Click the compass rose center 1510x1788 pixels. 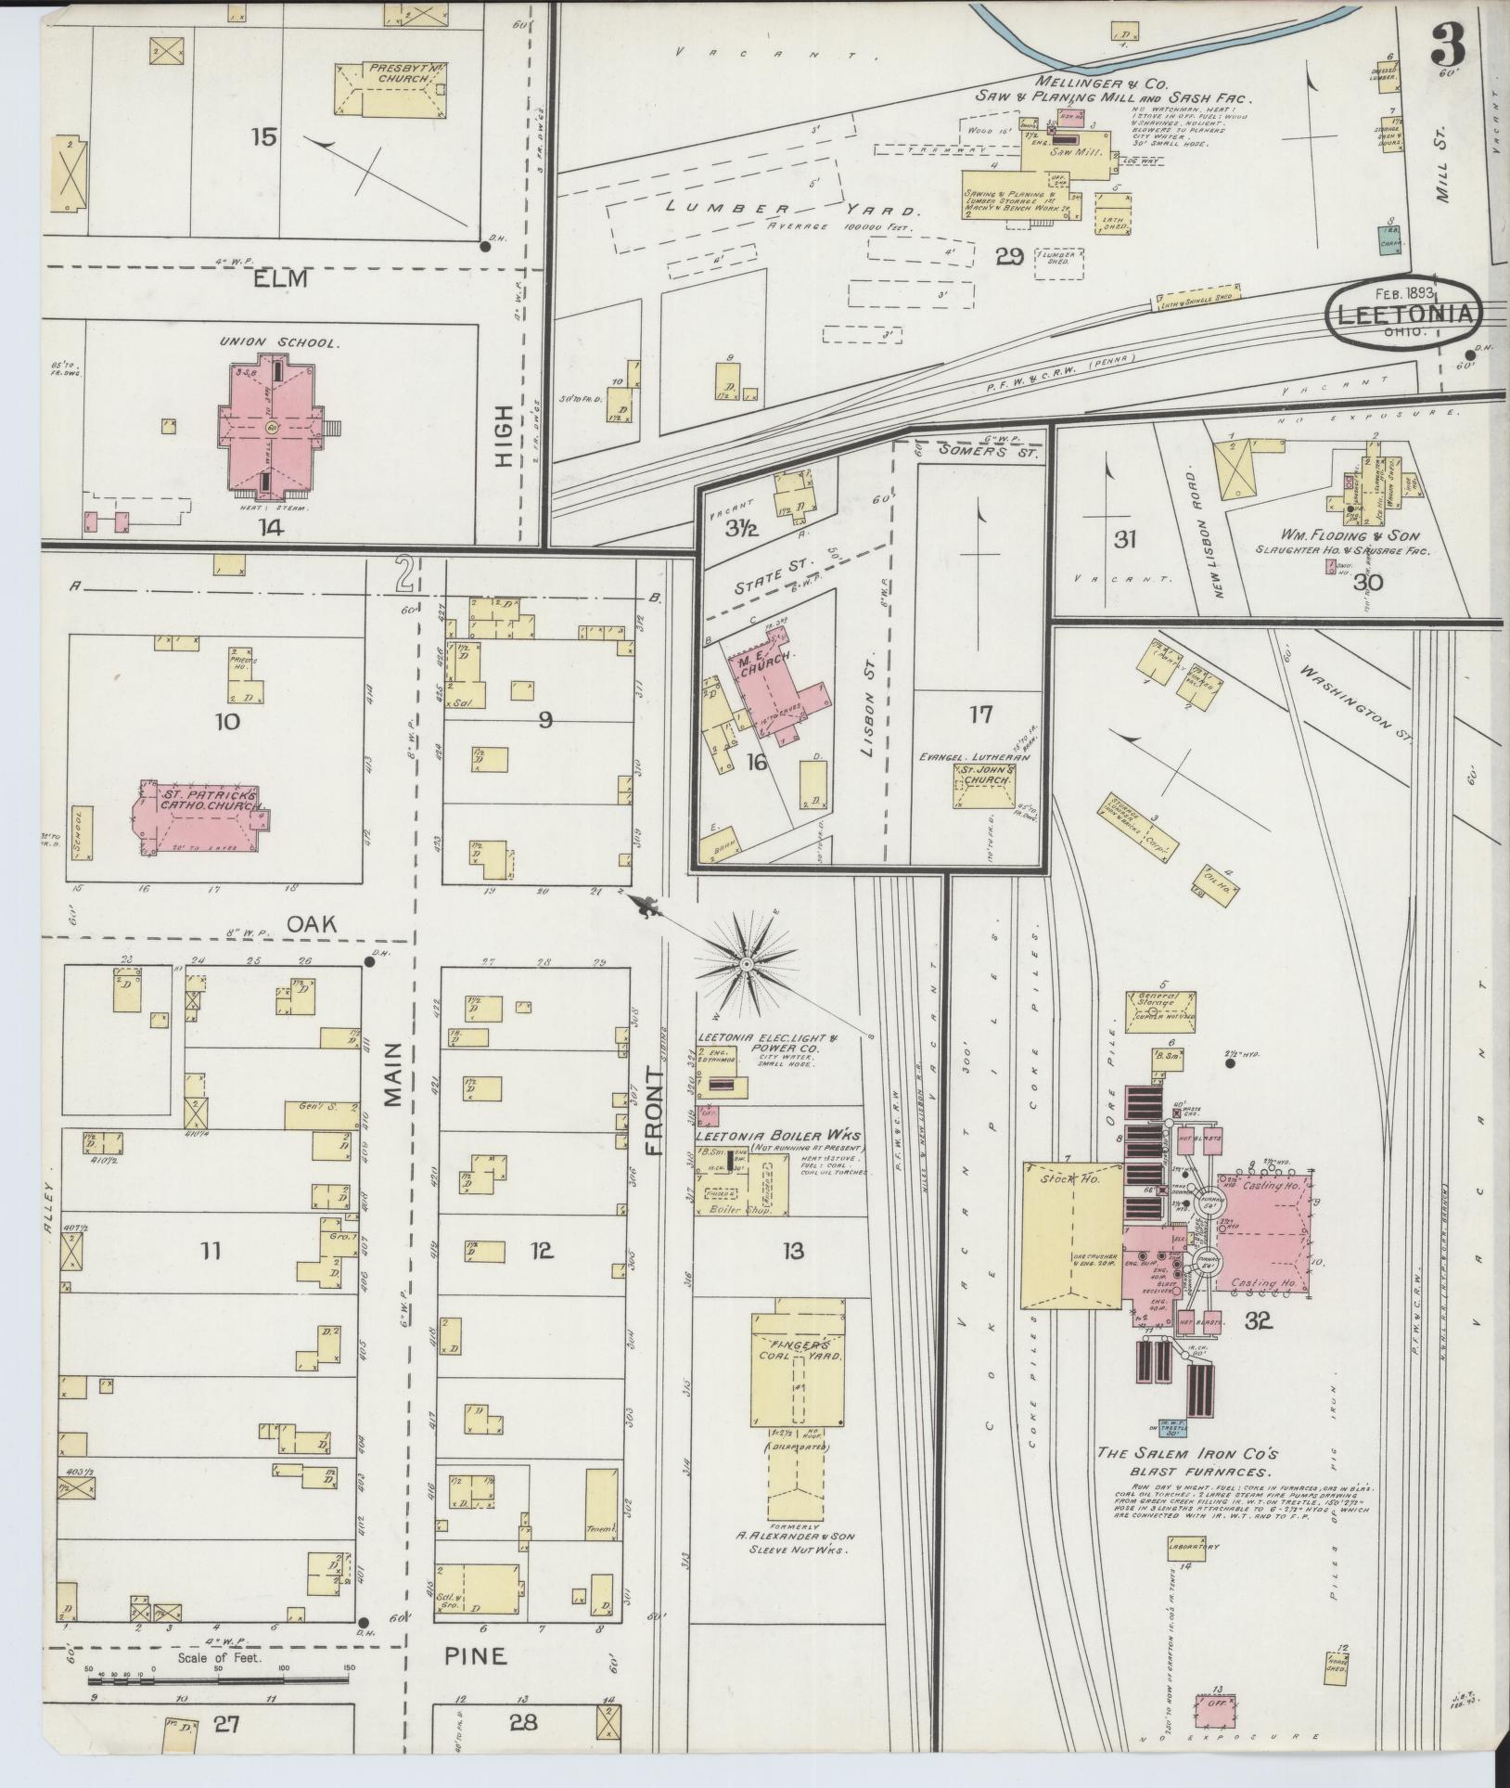(x=744, y=966)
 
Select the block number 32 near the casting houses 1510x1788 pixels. (x=1258, y=1322)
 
